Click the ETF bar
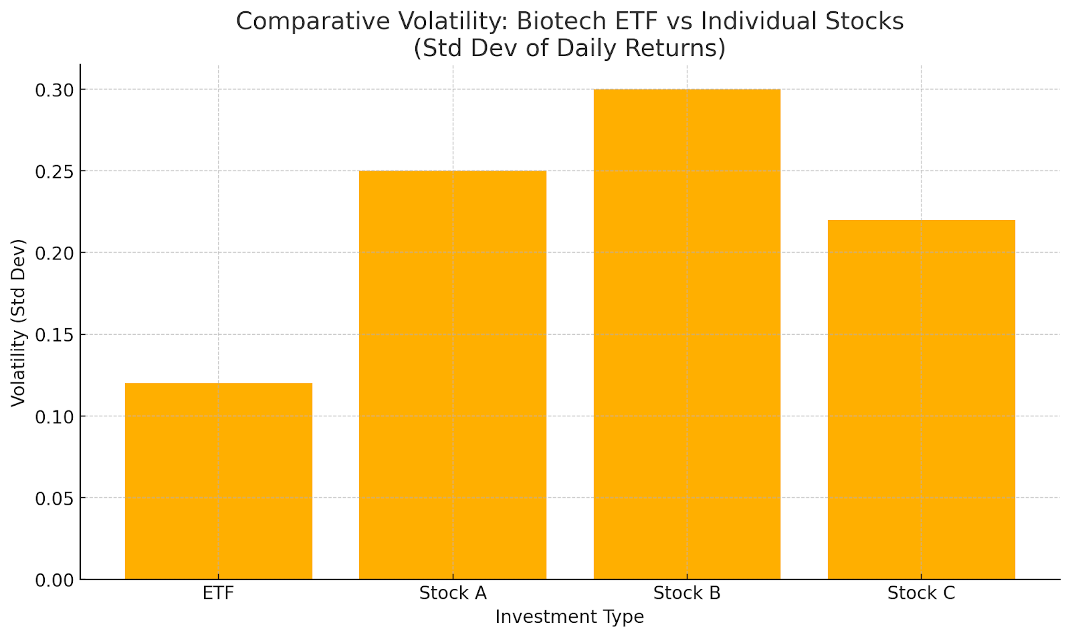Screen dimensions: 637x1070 coord(219,481)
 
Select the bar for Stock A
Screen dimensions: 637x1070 coord(453,374)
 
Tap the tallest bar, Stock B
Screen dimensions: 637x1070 coord(687,334)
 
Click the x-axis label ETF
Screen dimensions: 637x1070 coord(219,594)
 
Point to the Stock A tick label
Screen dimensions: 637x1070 coord(453,594)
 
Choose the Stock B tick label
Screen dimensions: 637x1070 coord(687,594)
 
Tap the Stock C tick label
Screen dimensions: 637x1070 coord(921,594)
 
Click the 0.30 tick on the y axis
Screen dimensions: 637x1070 coord(55,90)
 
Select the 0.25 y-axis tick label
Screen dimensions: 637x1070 coord(55,171)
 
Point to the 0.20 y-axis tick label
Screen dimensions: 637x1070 coord(55,253)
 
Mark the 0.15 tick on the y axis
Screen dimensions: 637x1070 coord(55,335)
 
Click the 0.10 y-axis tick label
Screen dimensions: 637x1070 coord(55,416)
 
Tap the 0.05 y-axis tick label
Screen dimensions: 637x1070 coord(55,498)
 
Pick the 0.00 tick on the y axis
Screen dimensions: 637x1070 coord(55,580)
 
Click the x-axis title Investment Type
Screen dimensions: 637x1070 coord(569,617)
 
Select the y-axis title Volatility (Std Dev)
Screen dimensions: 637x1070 coord(18,322)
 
